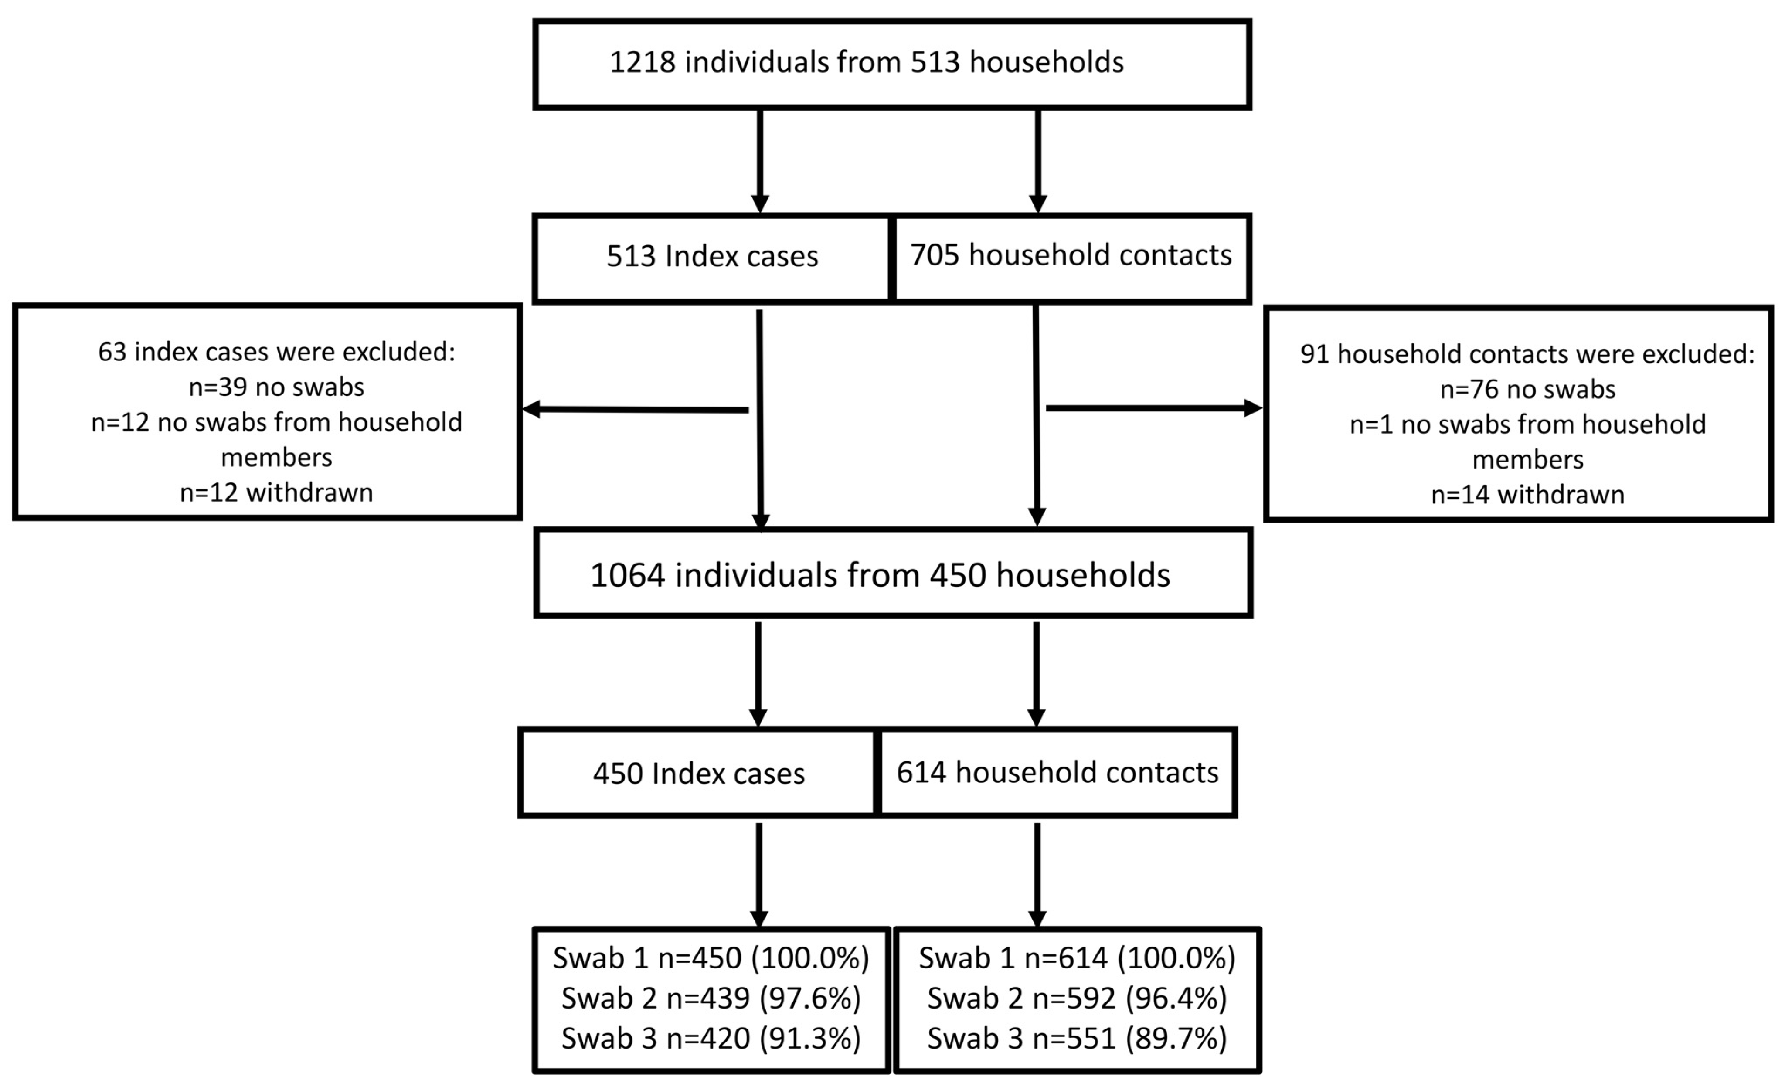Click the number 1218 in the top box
[642, 62]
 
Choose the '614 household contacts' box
[1057, 773]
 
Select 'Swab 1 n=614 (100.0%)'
[1077, 958]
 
